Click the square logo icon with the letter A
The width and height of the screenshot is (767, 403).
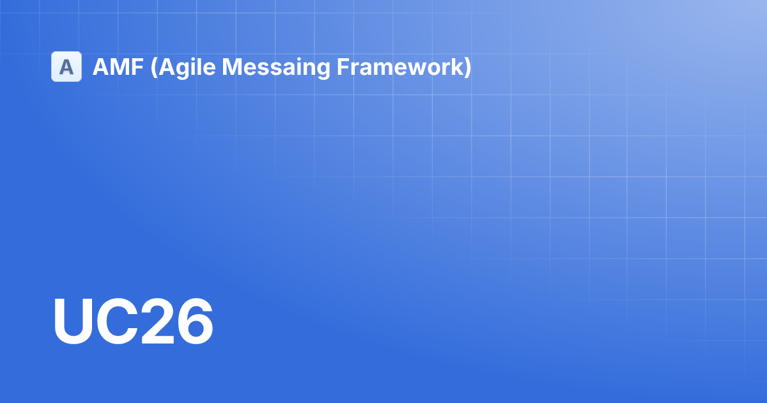pos(66,67)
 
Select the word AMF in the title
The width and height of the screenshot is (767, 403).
pos(118,67)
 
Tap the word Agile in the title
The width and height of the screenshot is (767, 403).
pos(187,68)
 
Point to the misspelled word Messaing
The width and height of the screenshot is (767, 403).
pos(276,68)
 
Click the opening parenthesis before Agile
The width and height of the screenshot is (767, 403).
pos(154,68)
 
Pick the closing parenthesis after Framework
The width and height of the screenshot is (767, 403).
pos(467,68)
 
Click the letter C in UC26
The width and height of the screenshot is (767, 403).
pos(118,320)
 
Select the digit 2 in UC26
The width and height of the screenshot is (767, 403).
pos(158,320)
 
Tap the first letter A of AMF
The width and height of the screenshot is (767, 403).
pos(101,67)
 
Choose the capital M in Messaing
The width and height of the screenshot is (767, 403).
pos(232,67)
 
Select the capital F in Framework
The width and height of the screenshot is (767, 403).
pos(343,67)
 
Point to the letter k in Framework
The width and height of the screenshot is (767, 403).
pos(455,67)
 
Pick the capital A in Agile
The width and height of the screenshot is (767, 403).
pos(166,67)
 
